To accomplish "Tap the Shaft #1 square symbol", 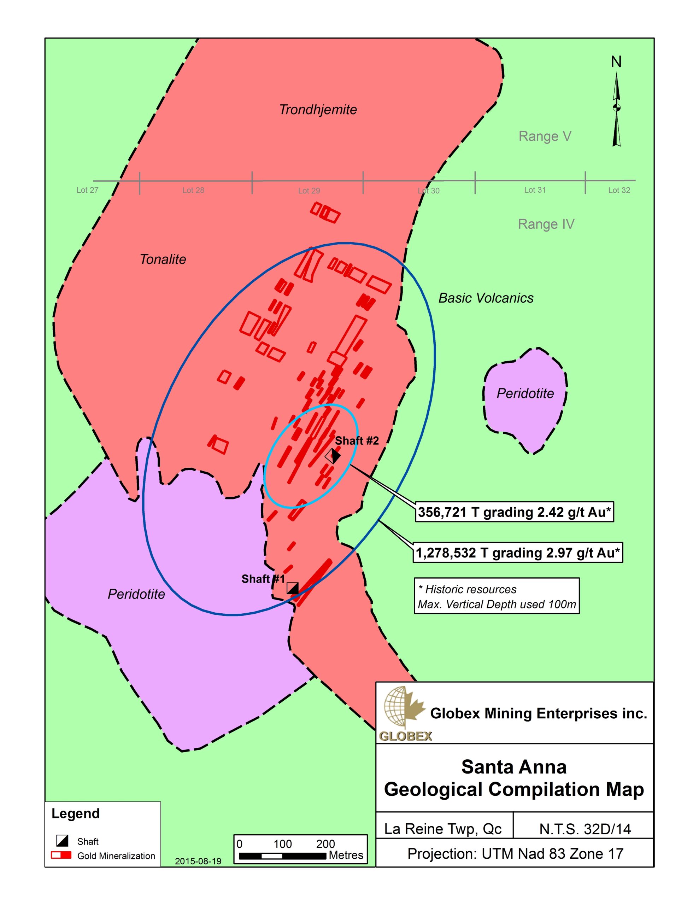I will pyautogui.click(x=293, y=588).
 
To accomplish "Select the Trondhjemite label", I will pyautogui.click(x=318, y=110).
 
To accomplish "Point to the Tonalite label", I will pyautogui.click(x=163, y=259).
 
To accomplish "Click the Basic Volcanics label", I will pyautogui.click(x=486, y=298).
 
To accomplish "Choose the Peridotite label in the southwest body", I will pyautogui.click(x=136, y=594).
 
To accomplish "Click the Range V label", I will pyautogui.click(x=545, y=136).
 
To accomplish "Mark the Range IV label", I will pyautogui.click(x=546, y=224).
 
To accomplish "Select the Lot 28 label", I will pyautogui.click(x=193, y=190).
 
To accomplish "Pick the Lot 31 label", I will pyautogui.click(x=535, y=190).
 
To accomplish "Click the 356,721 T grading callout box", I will pyautogui.click(x=514, y=512).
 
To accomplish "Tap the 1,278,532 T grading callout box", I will pyautogui.click(x=517, y=553).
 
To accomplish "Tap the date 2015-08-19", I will pyautogui.click(x=198, y=861).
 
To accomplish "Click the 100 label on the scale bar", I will pyautogui.click(x=283, y=844).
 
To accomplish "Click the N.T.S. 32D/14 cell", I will pyautogui.click(x=585, y=829).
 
